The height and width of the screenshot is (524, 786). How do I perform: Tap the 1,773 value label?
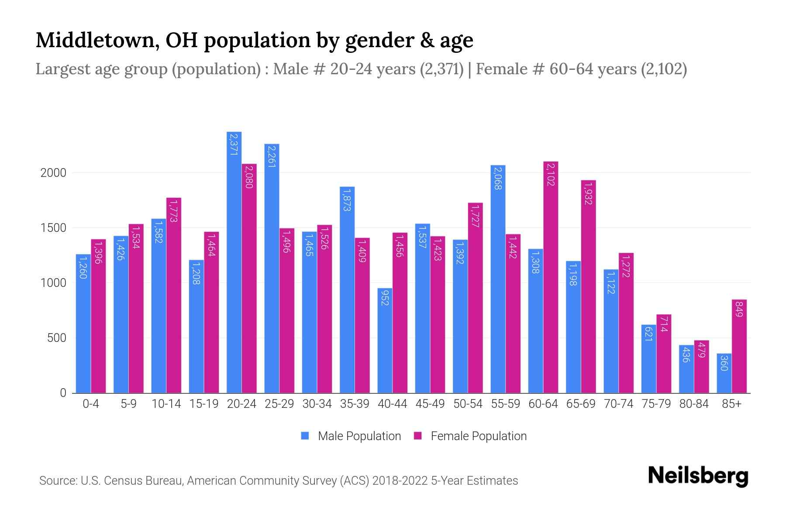(x=174, y=211)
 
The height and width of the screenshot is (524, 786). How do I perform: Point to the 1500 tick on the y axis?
(x=53, y=228)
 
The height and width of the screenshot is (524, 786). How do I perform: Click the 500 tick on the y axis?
(x=56, y=338)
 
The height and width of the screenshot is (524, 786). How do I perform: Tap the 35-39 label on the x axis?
(x=355, y=404)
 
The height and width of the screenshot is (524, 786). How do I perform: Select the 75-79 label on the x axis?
(x=656, y=404)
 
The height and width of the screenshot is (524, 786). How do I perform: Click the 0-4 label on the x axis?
(x=91, y=404)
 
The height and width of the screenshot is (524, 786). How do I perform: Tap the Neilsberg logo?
(x=698, y=476)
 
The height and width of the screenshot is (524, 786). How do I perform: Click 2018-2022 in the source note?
(x=400, y=481)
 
